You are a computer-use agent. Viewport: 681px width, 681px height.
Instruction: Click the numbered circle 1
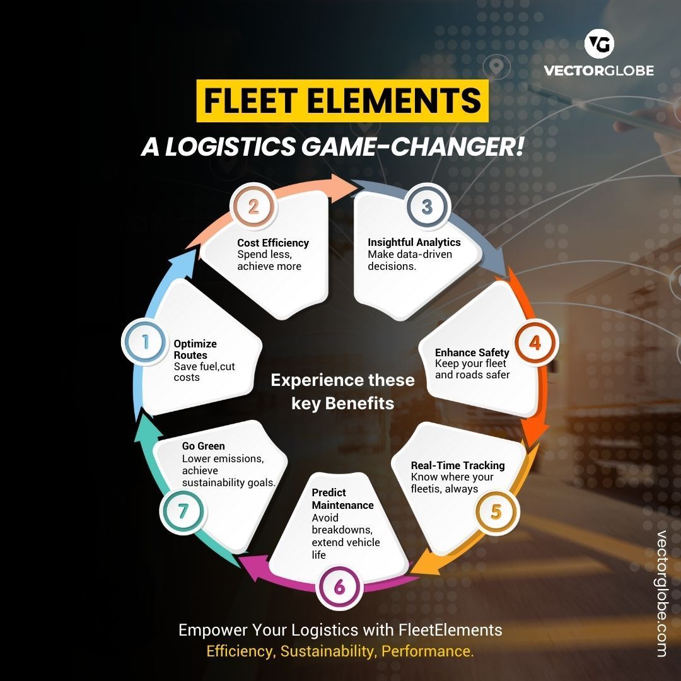146,342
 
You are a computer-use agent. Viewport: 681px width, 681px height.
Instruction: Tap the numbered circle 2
253,207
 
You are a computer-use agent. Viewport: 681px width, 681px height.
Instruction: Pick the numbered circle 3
427,207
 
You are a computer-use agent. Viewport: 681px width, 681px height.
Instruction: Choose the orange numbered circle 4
535,343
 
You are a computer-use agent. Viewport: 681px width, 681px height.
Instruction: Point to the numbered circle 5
496,511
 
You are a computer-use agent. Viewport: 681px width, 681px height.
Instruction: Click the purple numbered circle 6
339,587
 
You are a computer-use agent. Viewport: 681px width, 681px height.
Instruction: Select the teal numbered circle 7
183,511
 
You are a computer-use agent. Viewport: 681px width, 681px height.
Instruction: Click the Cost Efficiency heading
273,243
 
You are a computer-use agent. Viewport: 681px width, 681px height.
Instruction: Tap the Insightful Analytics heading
414,242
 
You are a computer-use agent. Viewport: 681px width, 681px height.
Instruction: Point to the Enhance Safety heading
472,352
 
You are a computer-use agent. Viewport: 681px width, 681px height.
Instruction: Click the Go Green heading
203,446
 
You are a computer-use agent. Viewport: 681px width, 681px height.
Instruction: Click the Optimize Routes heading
195,349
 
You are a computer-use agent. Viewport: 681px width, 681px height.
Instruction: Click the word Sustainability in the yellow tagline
327,651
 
